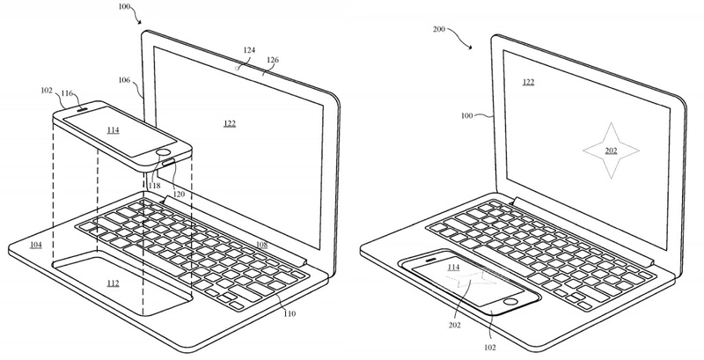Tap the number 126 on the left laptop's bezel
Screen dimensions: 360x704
pyautogui.click(x=273, y=62)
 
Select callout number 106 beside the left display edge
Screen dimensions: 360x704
pyautogui.click(x=124, y=82)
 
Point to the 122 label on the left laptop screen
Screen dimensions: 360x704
pyautogui.click(x=228, y=124)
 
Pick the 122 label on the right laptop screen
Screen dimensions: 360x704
pyautogui.click(x=528, y=83)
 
